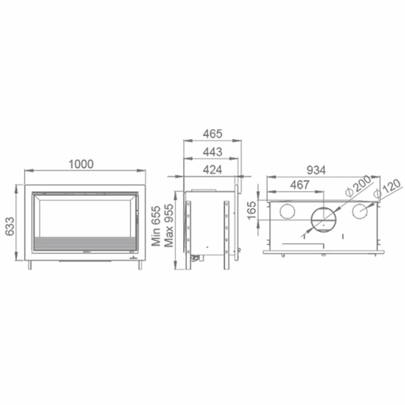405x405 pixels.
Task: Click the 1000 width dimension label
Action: (81, 164)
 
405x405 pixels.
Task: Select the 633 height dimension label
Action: (10, 226)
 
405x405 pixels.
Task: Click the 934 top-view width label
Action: (315, 170)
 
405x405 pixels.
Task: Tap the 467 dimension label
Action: (300, 185)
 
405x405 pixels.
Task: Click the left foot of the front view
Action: (30, 265)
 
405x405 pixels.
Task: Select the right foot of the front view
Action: (140, 265)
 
